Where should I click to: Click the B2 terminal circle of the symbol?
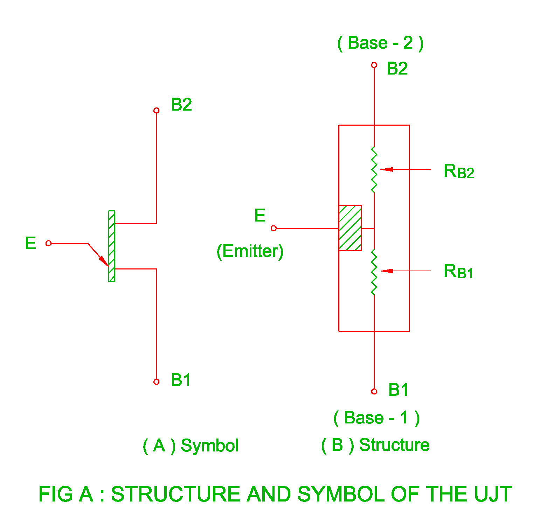tap(157, 111)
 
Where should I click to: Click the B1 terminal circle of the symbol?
tap(157, 382)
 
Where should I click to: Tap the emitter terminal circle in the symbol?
tap(49, 243)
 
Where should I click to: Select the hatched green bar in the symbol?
tap(112, 246)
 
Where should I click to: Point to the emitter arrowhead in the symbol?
tap(103, 261)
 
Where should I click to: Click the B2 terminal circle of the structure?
tap(374, 65)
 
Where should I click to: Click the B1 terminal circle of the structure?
tap(374, 392)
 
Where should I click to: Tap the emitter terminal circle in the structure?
tap(274, 229)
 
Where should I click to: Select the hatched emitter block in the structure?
tap(350, 228)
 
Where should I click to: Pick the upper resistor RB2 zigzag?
tap(374, 170)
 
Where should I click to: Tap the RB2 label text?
tap(459, 171)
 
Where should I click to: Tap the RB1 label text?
tap(458, 272)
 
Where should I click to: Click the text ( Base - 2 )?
tap(380, 43)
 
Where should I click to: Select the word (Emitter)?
tap(250, 251)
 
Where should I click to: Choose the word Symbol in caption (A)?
tap(209, 446)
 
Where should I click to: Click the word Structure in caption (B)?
tap(394, 445)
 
